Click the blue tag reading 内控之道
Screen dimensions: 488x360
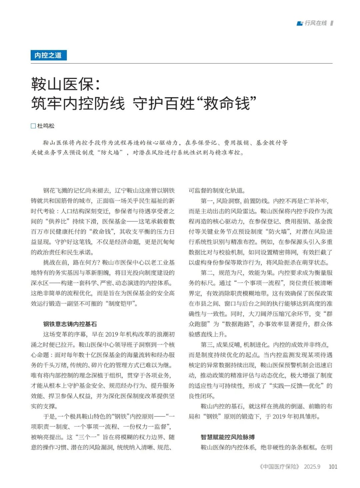48,55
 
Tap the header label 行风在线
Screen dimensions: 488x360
316,23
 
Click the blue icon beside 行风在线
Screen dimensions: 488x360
300,23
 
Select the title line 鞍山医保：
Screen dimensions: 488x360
66,84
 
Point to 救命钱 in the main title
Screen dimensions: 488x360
226,103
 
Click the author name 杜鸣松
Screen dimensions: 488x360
46,126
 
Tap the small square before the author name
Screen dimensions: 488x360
33,126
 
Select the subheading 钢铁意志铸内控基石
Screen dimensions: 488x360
70,324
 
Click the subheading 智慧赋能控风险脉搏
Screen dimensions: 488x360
228,437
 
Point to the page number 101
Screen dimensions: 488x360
333,467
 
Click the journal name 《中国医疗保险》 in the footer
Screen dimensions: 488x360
279,467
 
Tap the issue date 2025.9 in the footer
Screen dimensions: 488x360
312,467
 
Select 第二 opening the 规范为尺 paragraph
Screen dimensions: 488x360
207,273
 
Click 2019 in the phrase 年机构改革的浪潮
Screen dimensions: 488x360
112,334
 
